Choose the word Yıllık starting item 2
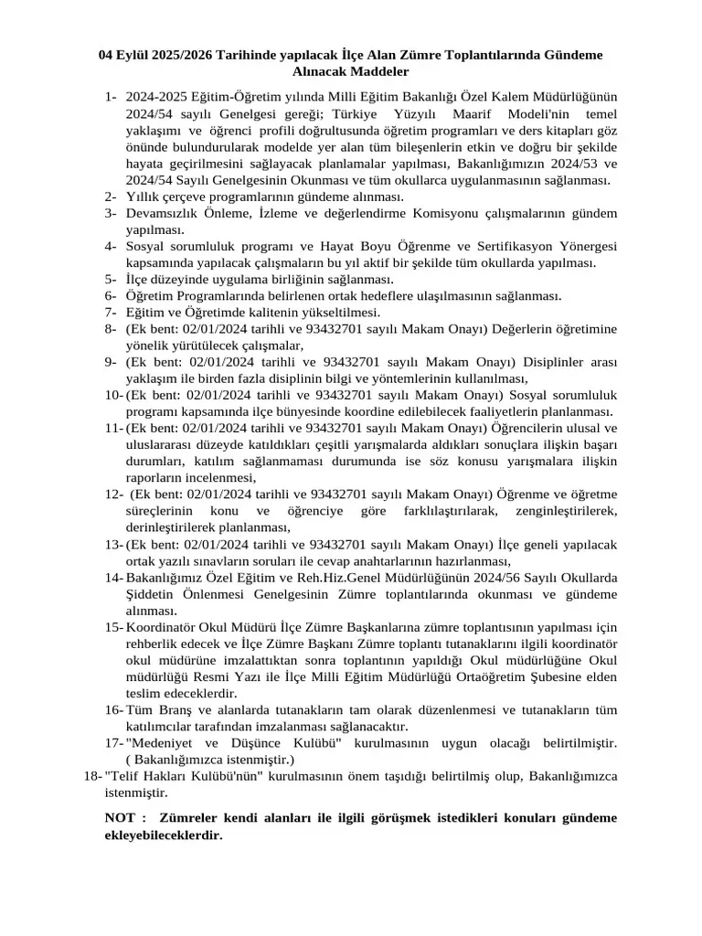coord(143,197)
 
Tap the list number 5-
coord(110,280)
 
